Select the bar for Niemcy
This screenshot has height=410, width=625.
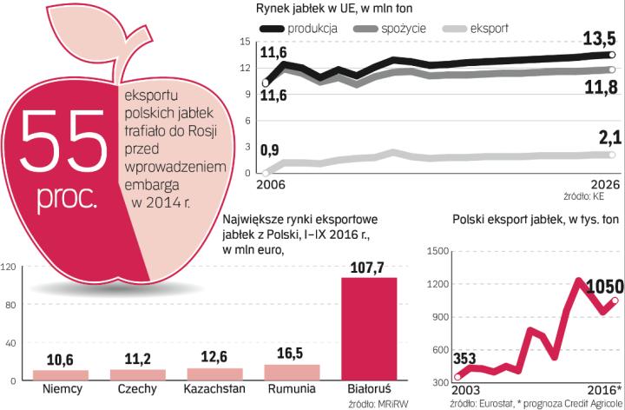point(61,375)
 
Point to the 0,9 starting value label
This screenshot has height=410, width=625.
point(271,150)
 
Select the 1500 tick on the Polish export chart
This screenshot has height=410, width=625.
point(435,251)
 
